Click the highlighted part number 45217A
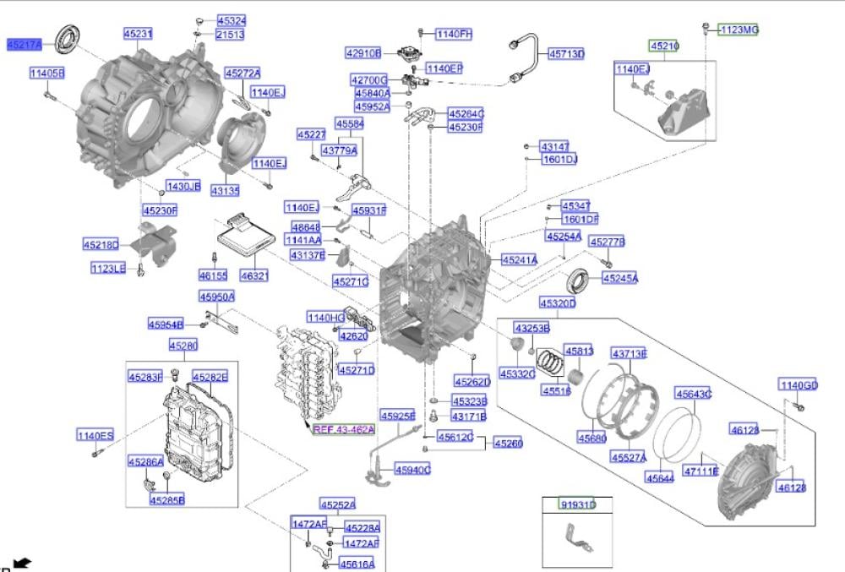click(24, 43)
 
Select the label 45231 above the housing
click(138, 34)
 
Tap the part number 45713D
click(566, 54)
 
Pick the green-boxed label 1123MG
click(739, 30)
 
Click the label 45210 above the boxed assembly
click(663, 46)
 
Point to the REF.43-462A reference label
click(343, 429)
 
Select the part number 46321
click(254, 275)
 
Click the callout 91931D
click(578, 505)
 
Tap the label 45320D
click(558, 302)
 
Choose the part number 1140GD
click(799, 386)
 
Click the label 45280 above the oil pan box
click(183, 346)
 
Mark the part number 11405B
click(47, 74)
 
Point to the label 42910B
click(363, 52)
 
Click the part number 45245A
click(620, 278)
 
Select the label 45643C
click(693, 394)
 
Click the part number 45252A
click(337, 504)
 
